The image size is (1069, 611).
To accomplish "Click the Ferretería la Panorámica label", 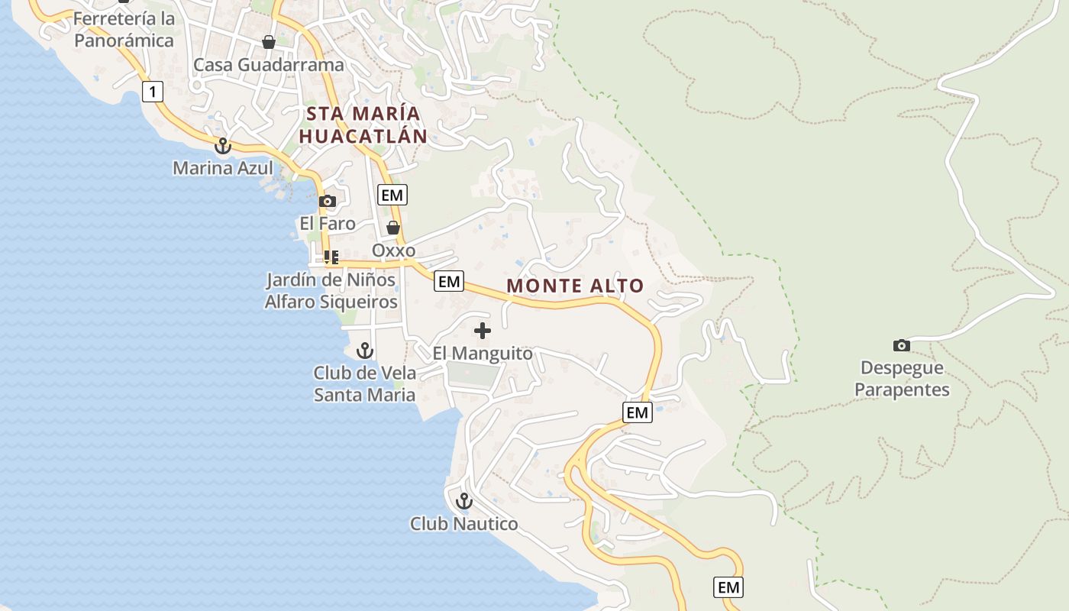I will (x=124, y=29).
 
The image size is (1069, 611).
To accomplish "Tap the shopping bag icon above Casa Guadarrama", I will (x=269, y=42).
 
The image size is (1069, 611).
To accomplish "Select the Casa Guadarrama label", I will (x=269, y=65).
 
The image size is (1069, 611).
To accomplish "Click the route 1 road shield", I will (x=153, y=92).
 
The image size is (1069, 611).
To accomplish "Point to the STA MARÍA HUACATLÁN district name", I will (x=363, y=125).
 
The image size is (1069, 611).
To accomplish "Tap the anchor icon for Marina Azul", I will (x=223, y=145).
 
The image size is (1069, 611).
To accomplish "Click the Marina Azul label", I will (x=223, y=167).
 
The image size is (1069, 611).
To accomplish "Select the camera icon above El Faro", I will (x=328, y=202).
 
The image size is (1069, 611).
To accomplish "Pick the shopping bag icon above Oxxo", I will (x=393, y=228).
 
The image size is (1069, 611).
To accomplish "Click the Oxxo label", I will (x=393, y=251).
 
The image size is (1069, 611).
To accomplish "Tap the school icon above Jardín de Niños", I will (x=331, y=257).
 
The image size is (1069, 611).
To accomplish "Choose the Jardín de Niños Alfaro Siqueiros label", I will (x=331, y=291).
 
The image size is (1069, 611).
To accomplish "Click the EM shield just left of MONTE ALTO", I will (x=449, y=282).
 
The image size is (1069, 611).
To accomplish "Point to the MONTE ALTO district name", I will (x=575, y=286).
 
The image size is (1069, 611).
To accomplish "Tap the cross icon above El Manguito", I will (x=483, y=331).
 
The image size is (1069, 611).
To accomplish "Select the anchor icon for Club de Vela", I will (x=365, y=351).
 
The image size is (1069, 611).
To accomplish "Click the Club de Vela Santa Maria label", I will (x=365, y=383).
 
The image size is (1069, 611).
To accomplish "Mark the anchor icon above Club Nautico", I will (x=463, y=501).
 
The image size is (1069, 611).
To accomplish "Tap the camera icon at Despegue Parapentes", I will (x=902, y=345).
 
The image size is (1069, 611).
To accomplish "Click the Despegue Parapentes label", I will (x=902, y=379).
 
